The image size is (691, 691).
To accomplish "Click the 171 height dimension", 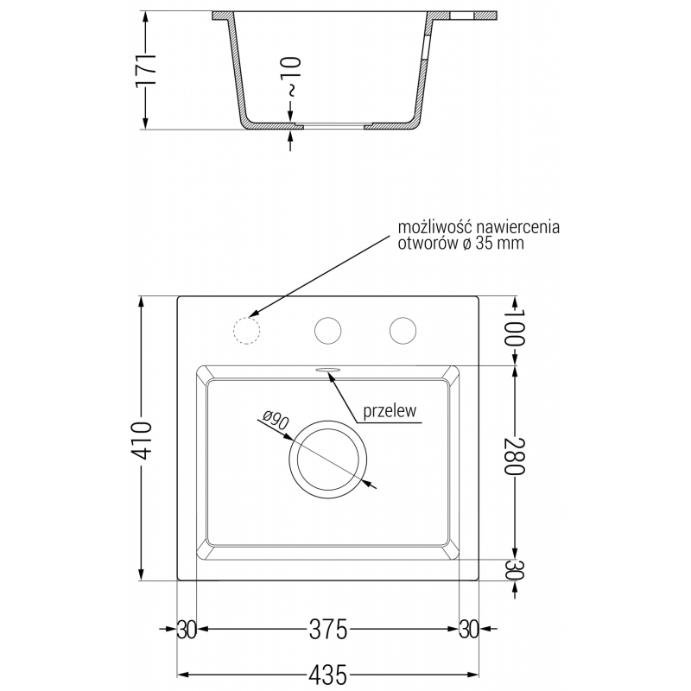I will tap(150, 69).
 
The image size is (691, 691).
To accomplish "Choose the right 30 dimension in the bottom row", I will tap(469, 630).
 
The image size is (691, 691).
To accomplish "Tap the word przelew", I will tap(390, 412).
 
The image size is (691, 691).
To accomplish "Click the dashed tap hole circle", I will tap(247, 330).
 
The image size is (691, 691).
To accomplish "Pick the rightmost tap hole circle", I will tap(403, 330).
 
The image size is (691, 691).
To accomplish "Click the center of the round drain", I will tap(329, 457).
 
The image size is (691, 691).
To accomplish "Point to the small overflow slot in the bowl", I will tap(329, 369).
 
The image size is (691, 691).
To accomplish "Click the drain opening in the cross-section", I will tap(332, 126).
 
